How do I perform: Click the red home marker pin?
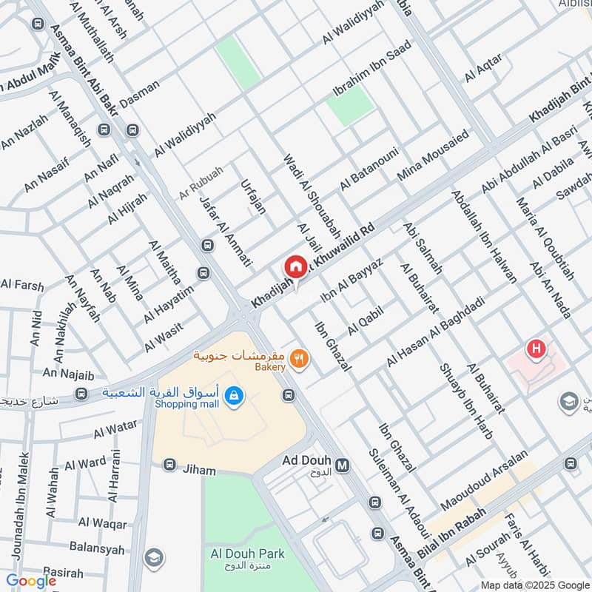click(295, 266)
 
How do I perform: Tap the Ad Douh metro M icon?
click(342, 465)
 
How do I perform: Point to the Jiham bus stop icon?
click(169, 465)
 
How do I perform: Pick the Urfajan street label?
click(253, 195)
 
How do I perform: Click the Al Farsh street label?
click(22, 285)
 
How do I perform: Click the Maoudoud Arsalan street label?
click(485, 480)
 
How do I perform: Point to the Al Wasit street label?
click(163, 336)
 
